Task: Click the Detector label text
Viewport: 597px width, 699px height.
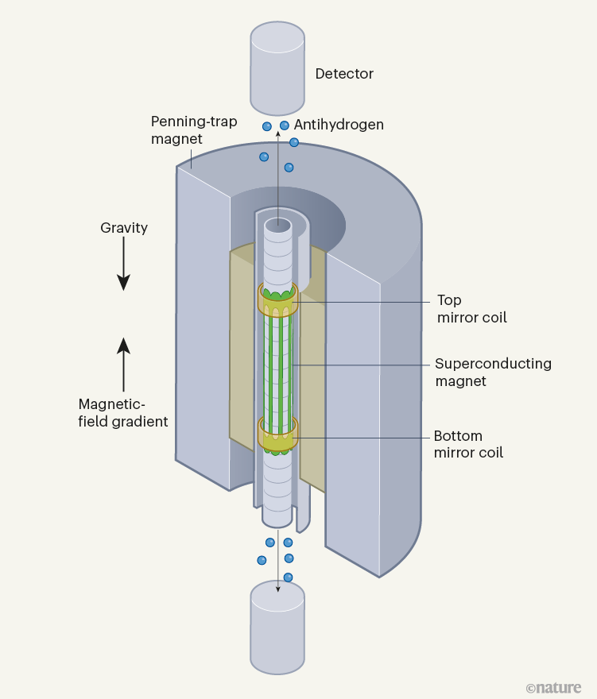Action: pos(343,74)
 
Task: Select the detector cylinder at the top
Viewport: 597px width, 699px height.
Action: pos(277,69)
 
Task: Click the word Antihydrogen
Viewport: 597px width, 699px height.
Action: pos(339,125)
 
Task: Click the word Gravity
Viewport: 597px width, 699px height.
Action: pos(124,228)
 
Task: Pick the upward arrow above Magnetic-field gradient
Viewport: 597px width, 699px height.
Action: pos(123,357)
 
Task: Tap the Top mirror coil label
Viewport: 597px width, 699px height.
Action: pos(471,309)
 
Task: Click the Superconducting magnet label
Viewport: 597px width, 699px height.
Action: pos(492,373)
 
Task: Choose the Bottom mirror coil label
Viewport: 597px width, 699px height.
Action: pos(468,445)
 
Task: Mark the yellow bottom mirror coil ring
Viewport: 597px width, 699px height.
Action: pos(277,434)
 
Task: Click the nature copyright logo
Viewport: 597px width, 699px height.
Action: pos(553,687)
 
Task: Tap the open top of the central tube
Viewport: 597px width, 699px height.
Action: pos(278,225)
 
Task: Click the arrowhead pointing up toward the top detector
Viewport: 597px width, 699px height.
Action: pos(277,133)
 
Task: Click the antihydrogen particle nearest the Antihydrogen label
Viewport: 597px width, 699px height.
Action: pos(285,126)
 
